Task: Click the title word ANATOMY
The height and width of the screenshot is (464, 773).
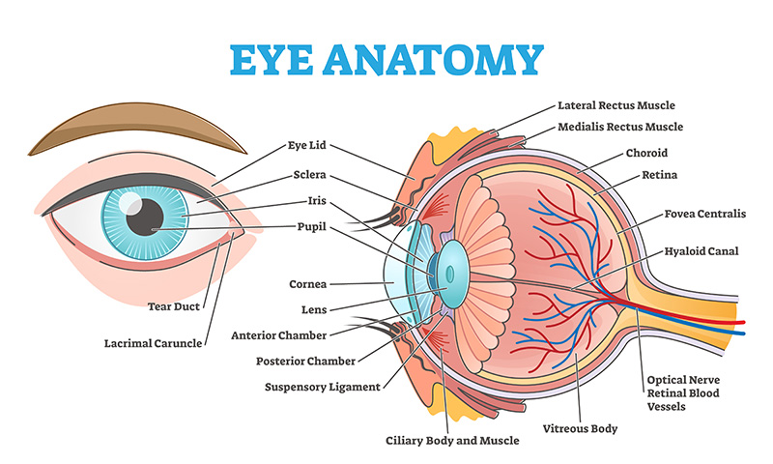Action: tap(433, 60)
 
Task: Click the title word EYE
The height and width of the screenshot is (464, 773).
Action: tap(272, 60)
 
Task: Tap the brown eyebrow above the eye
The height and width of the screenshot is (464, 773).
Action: tap(137, 129)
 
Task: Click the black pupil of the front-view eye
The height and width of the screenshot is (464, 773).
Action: tap(144, 217)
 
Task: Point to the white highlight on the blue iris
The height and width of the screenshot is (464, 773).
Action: tap(129, 203)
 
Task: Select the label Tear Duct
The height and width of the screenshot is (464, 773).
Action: tap(174, 306)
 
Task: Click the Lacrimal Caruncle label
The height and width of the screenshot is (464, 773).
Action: tap(153, 343)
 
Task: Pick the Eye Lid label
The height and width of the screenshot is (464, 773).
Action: tap(306, 145)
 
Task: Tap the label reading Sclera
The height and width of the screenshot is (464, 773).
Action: tap(309, 175)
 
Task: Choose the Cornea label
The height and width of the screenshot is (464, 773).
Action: tap(307, 284)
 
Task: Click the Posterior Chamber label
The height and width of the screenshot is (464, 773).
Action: tap(305, 362)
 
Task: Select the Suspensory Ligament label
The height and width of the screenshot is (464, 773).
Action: tap(323, 387)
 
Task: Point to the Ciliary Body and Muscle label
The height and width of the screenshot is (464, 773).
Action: tap(452, 441)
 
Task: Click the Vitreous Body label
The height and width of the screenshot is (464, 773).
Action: tap(580, 428)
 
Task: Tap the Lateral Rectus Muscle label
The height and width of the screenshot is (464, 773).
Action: tap(616, 105)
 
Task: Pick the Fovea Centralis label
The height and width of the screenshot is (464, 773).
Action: tap(705, 214)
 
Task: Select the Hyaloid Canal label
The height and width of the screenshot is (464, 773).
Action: tap(701, 251)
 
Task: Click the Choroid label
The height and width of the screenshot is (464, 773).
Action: tap(646, 154)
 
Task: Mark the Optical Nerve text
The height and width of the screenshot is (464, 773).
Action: tap(683, 380)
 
